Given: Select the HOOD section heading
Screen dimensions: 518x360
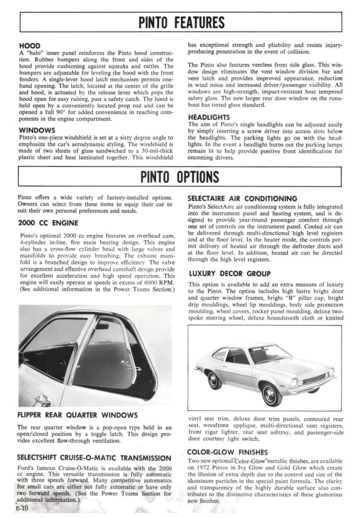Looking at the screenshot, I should click(x=29, y=46).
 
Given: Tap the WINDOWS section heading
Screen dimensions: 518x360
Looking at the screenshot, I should click(x=37, y=130).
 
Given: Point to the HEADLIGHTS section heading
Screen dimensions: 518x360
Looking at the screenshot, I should click(x=209, y=117).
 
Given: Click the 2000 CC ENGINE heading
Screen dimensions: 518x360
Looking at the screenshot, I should click(x=48, y=222).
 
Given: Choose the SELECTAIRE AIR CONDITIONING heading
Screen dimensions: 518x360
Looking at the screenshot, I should click(x=242, y=198).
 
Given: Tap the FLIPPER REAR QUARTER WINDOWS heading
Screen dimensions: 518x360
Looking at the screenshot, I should click(x=78, y=415).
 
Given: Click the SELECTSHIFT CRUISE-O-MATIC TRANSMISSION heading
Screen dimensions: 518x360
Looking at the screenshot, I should click(x=94, y=458).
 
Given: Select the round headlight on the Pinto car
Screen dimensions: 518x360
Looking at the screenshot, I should click(x=294, y=383).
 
